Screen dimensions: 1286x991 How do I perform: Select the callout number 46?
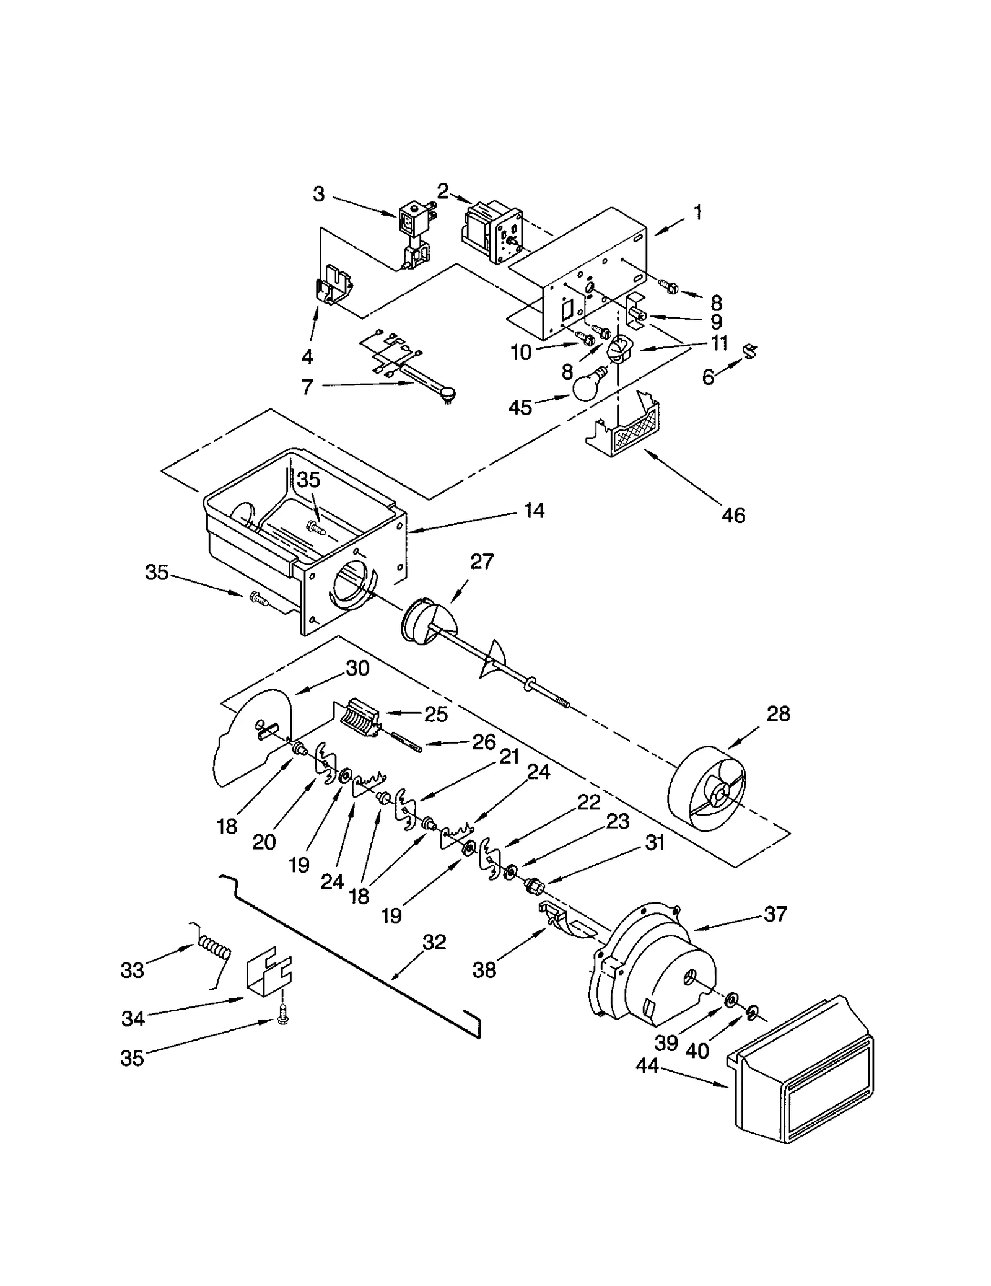coord(733,515)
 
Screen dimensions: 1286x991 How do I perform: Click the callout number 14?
coord(534,511)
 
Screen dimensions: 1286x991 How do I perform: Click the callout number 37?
coord(775,914)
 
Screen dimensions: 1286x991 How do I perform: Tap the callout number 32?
coord(434,942)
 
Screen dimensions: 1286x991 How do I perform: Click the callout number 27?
coord(482,562)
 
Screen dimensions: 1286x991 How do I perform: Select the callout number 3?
coord(318,195)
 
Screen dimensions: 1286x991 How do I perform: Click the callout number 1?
coord(698,213)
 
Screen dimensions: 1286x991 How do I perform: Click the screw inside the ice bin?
coord(316,527)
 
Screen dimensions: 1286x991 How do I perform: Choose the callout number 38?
coord(484,970)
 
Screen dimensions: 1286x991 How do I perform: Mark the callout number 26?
coord(484,742)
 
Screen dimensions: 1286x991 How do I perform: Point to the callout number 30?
coord(357,668)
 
